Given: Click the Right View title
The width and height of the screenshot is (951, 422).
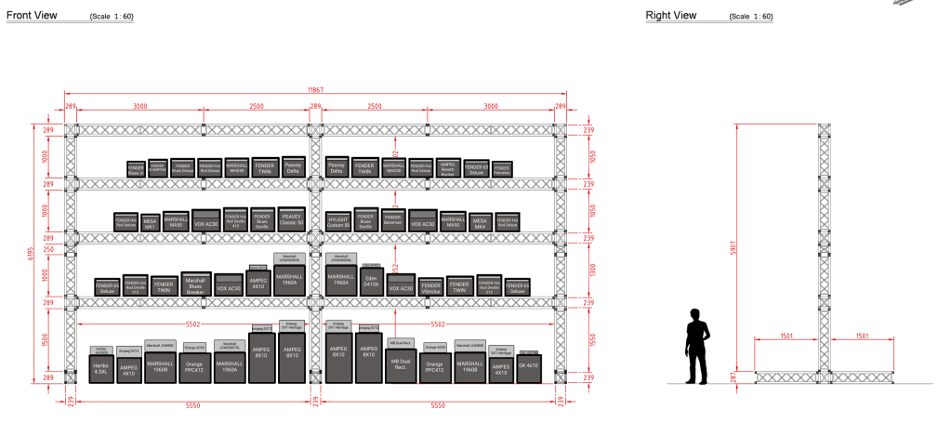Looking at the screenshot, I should coord(671,16).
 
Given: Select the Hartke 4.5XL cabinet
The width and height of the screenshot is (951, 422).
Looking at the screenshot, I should coord(101,368).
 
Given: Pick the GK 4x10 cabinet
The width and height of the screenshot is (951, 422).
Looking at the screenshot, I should coord(528,368).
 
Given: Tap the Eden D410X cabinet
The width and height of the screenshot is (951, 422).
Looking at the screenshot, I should coord(371,282).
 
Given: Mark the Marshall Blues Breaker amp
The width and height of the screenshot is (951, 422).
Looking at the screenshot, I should coord(194,285).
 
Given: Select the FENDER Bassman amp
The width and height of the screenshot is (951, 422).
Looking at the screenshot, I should coord(393,220).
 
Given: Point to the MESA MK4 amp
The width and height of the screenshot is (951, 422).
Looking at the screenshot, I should coord(480,223).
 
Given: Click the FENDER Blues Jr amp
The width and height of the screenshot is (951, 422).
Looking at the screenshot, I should coord(137,168).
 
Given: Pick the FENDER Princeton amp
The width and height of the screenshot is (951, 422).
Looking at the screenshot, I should coord(503,168).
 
